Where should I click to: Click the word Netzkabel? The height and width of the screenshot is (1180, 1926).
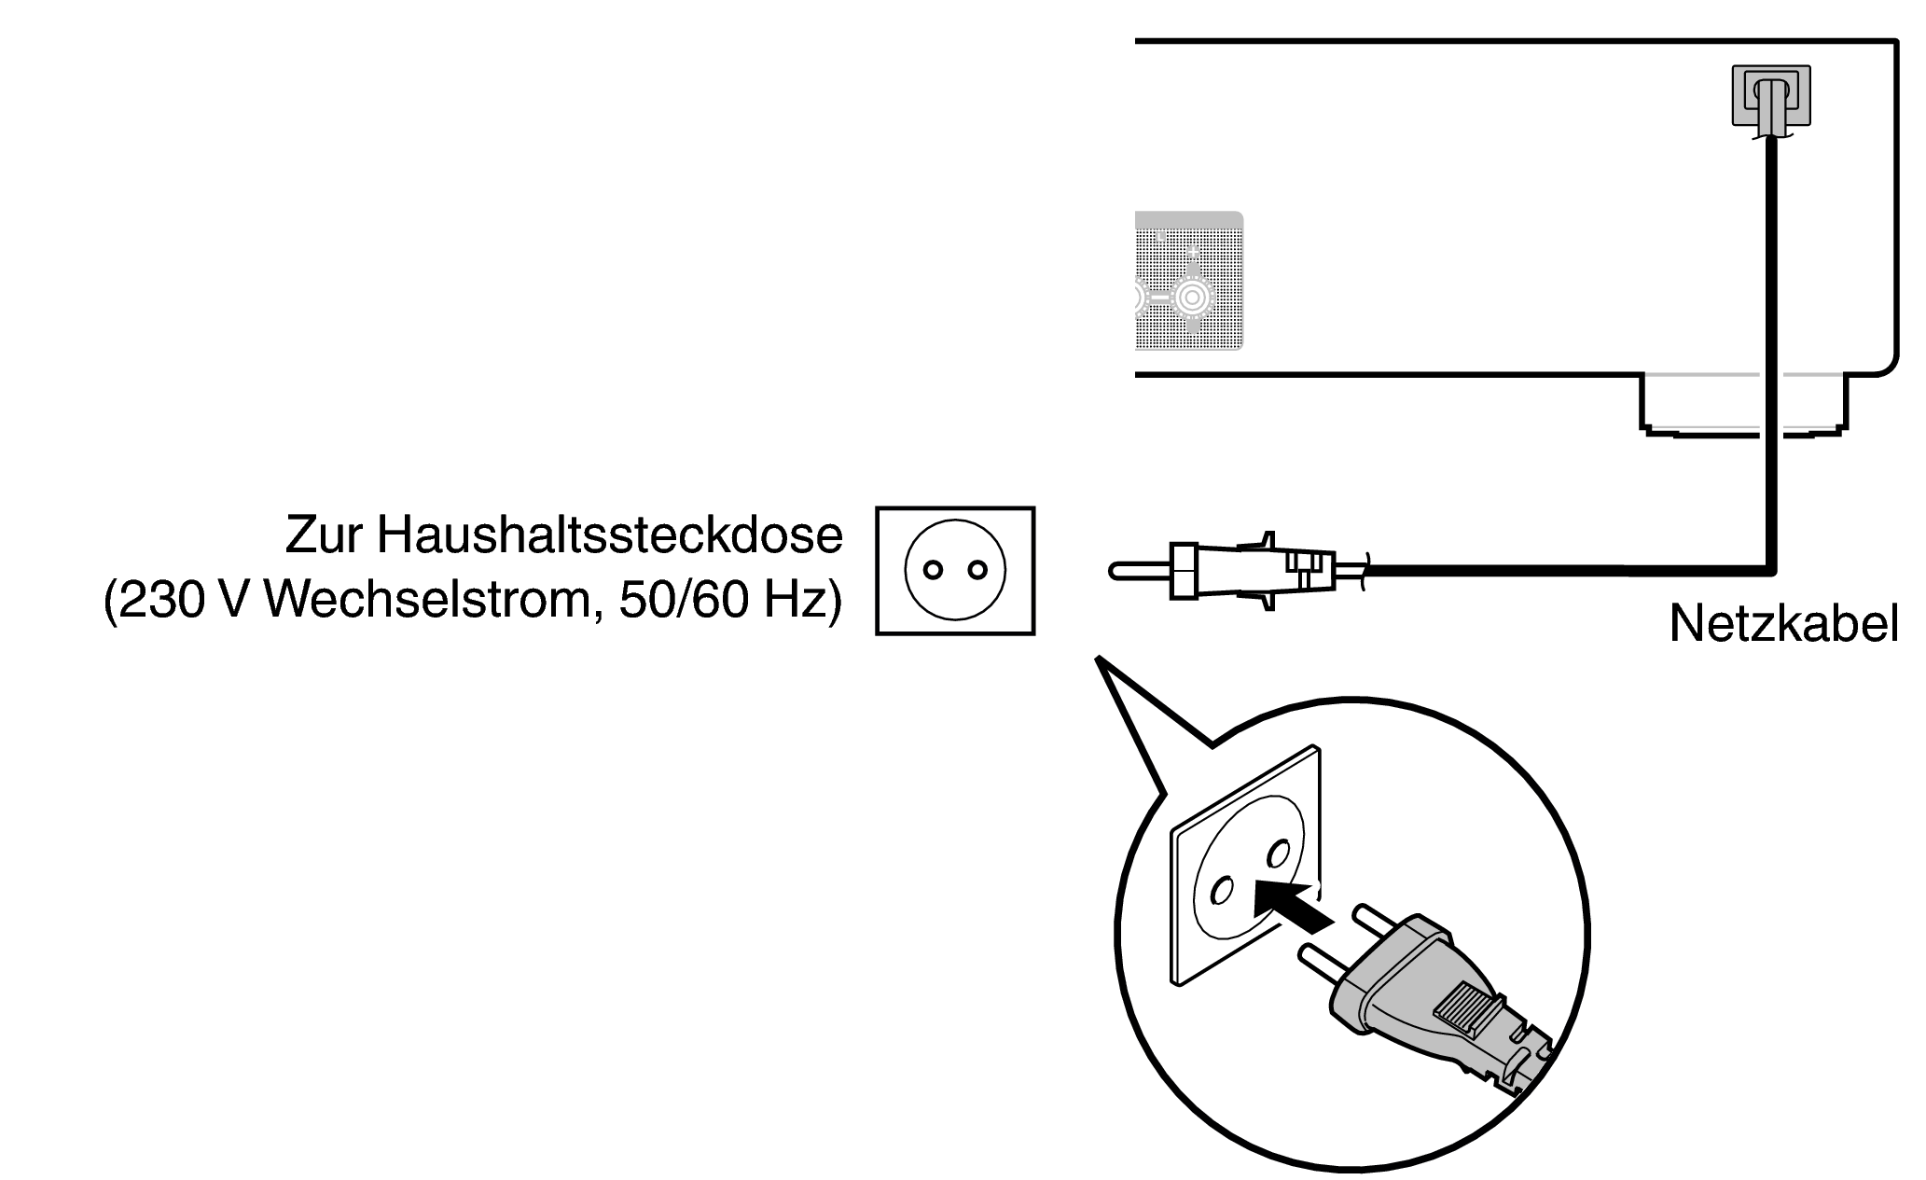coord(1783,624)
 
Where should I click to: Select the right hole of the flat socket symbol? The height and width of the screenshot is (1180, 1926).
coord(977,570)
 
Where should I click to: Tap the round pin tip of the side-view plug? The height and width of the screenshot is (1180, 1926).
coord(1115,569)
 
